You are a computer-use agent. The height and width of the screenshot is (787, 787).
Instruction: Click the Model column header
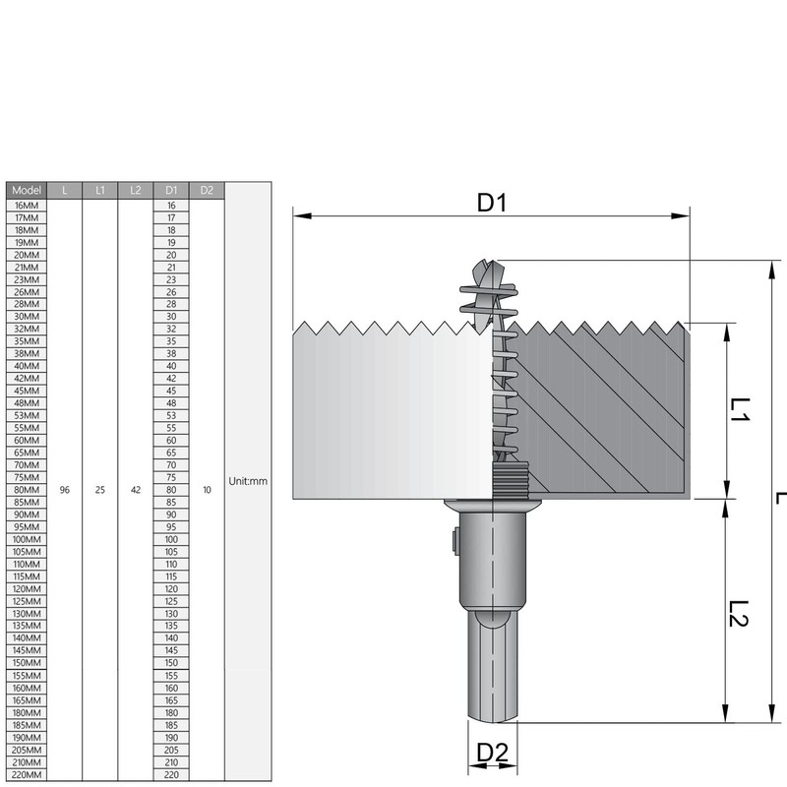27,190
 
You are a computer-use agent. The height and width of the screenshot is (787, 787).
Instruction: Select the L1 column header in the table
99,190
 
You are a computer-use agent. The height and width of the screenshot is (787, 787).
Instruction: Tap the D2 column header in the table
207,190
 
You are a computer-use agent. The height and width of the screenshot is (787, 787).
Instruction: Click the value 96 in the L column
64,489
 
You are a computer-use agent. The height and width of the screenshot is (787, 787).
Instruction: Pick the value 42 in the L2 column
136,489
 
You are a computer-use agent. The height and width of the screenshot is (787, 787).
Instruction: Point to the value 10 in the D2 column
207,489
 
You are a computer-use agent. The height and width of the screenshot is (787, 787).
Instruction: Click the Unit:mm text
248,482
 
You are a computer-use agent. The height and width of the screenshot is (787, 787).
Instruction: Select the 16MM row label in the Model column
27,205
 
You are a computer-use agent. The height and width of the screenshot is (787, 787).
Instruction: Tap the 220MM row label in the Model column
27,775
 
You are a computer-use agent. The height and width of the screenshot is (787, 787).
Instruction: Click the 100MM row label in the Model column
27,539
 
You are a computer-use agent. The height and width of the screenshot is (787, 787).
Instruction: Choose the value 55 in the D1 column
171,428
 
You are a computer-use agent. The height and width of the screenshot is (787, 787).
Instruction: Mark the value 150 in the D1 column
171,663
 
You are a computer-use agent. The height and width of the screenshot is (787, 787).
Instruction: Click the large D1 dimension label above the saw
492,203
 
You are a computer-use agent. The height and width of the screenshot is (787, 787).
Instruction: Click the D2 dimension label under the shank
492,753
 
